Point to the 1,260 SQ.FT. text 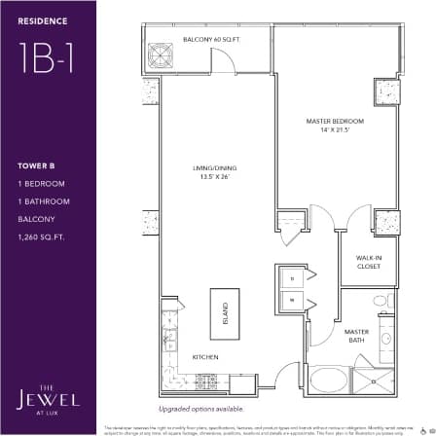pos(38,236)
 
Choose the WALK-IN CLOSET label pos(367,261)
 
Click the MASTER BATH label pos(356,335)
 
